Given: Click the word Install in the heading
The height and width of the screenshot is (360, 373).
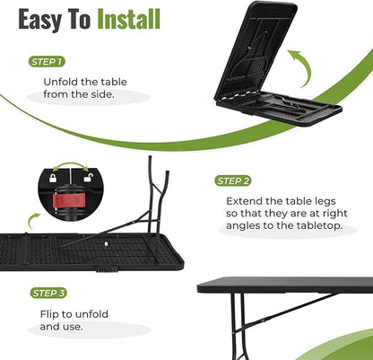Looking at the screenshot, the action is [129, 19].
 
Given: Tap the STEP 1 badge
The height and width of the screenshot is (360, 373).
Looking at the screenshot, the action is [47, 62].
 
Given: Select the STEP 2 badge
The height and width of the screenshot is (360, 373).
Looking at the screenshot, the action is [233, 180].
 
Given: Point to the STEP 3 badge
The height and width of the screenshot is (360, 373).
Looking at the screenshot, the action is [48, 293].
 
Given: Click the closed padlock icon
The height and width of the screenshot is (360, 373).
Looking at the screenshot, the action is [53, 178].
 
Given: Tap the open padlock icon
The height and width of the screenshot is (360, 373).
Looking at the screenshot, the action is [87, 178].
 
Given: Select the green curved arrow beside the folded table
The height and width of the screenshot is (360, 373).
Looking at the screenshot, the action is [301, 66].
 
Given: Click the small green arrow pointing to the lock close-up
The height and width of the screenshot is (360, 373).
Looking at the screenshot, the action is [32, 220].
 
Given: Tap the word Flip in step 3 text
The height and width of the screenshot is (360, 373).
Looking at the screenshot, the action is [49, 314].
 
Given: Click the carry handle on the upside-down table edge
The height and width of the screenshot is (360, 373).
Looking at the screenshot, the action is [106, 269].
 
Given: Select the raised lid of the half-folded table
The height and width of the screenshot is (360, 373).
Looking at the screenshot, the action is [256, 51].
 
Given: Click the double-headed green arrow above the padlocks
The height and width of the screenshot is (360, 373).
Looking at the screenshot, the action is [71, 164].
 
